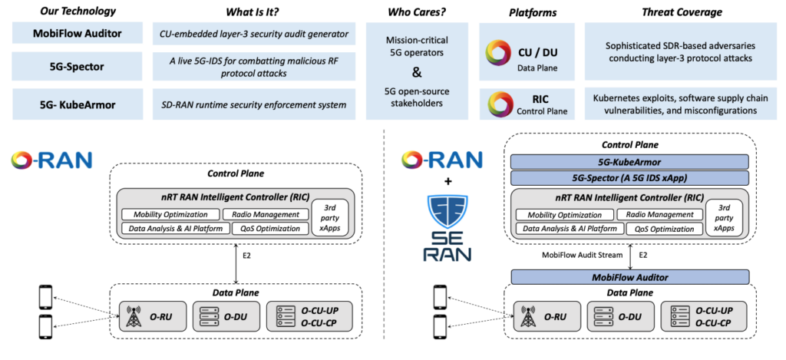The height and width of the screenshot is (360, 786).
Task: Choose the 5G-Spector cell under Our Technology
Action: click(77, 66)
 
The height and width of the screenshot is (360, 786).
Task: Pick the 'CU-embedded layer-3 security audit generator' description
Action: click(253, 33)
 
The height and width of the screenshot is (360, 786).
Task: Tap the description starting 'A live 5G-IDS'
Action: click(253, 66)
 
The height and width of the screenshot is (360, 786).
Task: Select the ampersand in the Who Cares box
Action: click(417, 74)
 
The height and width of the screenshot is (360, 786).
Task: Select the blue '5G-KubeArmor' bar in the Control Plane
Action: click(630, 161)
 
